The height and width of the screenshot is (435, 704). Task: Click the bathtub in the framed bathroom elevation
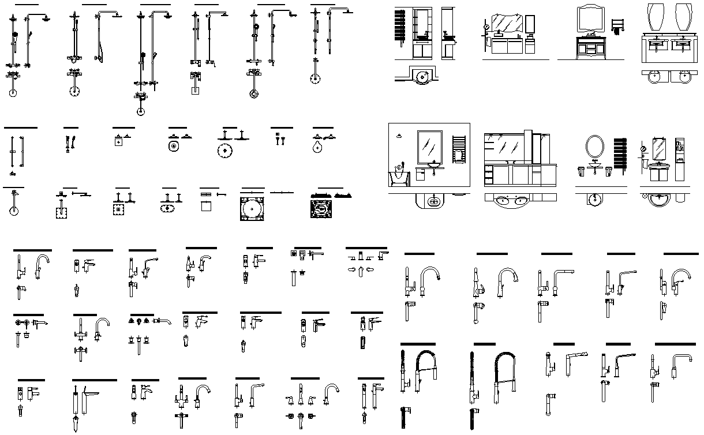pos(399,178)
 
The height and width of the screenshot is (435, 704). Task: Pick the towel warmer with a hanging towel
pos(459,149)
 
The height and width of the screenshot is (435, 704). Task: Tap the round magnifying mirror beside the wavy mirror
pos(486,25)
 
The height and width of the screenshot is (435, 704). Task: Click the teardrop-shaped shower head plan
pos(317,148)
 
